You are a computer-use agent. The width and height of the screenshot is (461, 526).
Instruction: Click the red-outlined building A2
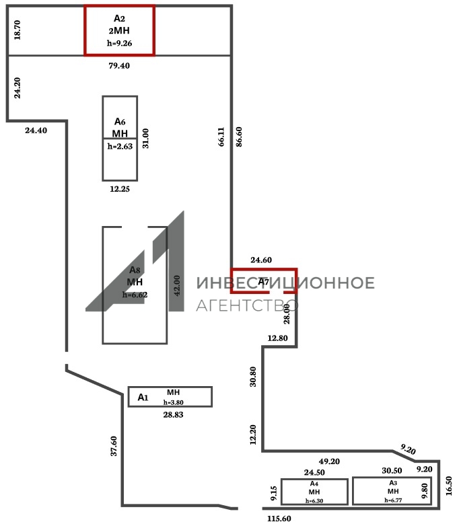tap(119, 30)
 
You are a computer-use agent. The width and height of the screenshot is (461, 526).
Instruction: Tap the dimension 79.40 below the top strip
tap(119, 66)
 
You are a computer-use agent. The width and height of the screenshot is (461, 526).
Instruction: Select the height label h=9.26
tap(119, 43)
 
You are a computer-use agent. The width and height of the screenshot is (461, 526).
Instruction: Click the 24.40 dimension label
tap(36, 130)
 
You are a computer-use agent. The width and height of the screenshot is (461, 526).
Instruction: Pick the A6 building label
tap(120, 126)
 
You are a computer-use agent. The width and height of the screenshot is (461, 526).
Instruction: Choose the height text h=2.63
tap(119, 146)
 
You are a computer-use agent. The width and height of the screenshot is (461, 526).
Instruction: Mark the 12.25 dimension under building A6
tap(119, 189)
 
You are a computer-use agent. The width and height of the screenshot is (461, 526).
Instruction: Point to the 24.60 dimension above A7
tap(260, 260)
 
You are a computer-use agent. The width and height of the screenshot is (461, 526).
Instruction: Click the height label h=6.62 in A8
tap(135, 295)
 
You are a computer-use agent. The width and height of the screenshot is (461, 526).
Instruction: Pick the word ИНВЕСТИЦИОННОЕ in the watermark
tap(285, 283)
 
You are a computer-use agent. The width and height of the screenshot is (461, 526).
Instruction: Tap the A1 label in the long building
tap(143, 398)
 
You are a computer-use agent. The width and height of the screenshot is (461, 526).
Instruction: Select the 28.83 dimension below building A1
tap(173, 415)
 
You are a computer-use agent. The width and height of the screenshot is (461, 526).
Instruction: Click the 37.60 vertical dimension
tap(114, 446)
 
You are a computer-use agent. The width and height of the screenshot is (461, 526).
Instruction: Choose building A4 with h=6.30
tap(314, 492)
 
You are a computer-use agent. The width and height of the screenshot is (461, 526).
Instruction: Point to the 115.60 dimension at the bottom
tap(279, 519)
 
